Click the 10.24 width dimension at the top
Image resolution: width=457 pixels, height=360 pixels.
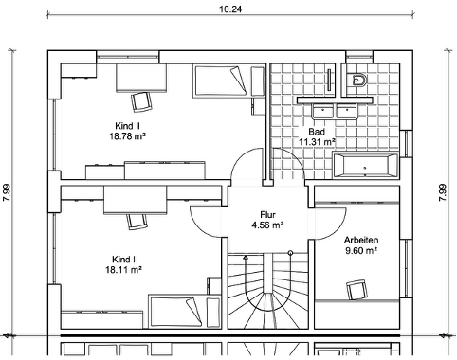pos(230,9)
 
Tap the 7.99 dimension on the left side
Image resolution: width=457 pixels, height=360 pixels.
pos(7,192)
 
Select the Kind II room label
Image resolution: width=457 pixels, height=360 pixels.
pos(127,126)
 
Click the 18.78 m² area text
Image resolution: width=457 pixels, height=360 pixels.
pos(127,136)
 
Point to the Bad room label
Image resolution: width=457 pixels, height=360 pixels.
pos(317,132)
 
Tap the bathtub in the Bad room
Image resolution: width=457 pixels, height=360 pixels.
pos(365,166)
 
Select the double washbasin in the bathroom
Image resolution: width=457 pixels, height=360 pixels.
pos(335,112)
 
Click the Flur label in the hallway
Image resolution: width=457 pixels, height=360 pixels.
pos(267,215)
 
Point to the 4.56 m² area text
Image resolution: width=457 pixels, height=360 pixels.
pos(267,225)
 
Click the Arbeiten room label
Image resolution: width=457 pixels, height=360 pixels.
pos(361,240)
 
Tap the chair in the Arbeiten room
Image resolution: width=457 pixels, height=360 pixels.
pos(357,289)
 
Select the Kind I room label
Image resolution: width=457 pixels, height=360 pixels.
pos(123,260)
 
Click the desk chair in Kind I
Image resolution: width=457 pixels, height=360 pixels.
pos(137,222)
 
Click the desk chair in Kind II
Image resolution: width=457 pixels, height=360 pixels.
pos(141,101)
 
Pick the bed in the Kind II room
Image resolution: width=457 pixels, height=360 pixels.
pos(219,81)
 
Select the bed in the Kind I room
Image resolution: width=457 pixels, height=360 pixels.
pos(175,312)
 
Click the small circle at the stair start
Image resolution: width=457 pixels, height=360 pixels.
pos(290,253)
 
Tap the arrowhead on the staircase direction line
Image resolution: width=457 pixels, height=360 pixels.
pos(246,258)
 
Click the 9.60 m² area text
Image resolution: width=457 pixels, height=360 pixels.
pos(361,250)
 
